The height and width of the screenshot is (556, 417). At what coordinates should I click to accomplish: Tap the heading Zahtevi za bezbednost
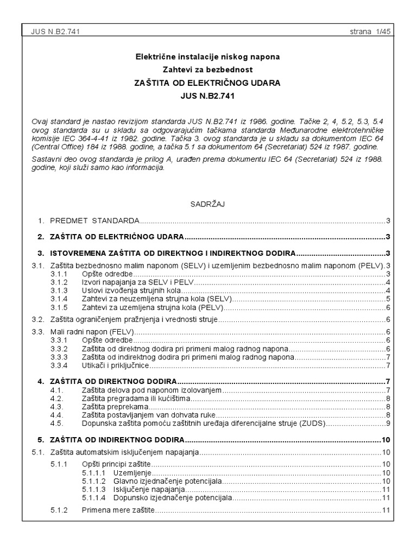208,69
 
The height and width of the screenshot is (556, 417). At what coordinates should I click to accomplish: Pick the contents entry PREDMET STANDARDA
94,220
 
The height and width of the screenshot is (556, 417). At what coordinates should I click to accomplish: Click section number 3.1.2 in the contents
59,282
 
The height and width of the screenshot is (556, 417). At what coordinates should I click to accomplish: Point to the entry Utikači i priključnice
115,365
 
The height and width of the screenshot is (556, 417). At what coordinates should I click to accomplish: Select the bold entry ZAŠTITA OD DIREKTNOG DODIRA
115,381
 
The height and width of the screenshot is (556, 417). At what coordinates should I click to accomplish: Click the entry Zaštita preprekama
115,407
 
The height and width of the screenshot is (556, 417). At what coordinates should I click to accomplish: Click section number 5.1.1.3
95,489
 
